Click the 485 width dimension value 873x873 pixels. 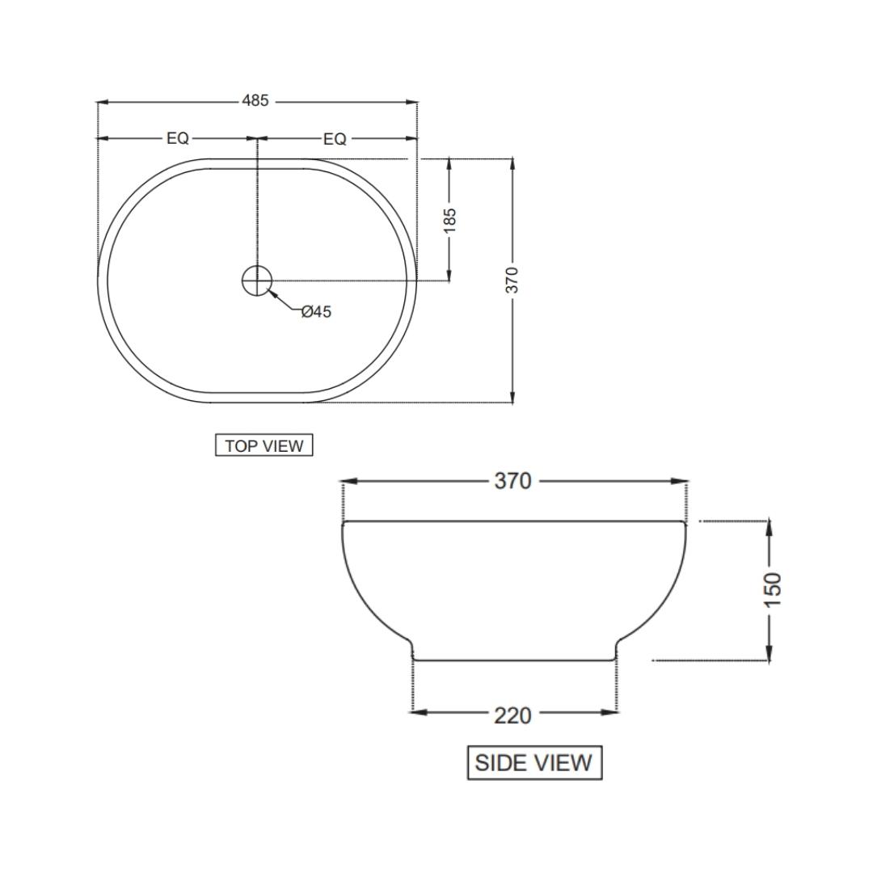pyautogui.click(x=255, y=102)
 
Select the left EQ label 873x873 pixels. pyautogui.click(x=178, y=139)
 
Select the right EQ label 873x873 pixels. pyautogui.click(x=335, y=139)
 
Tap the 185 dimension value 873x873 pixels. pyautogui.click(x=450, y=220)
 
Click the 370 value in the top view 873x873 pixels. pyautogui.click(x=512, y=280)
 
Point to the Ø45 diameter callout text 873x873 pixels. pyautogui.click(x=316, y=312)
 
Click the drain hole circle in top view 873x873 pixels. pyautogui.click(x=257, y=280)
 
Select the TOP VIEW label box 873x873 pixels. pyautogui.click(x=264, y=445)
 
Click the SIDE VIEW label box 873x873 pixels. pyautogui.click(x=534, y=763)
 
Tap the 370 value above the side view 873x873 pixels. pyautogui.click(x=513, y=481)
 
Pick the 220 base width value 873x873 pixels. pyautogui.click(x=513, y=715)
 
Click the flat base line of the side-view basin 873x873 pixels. pyautogui.click(x=514, y=660)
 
